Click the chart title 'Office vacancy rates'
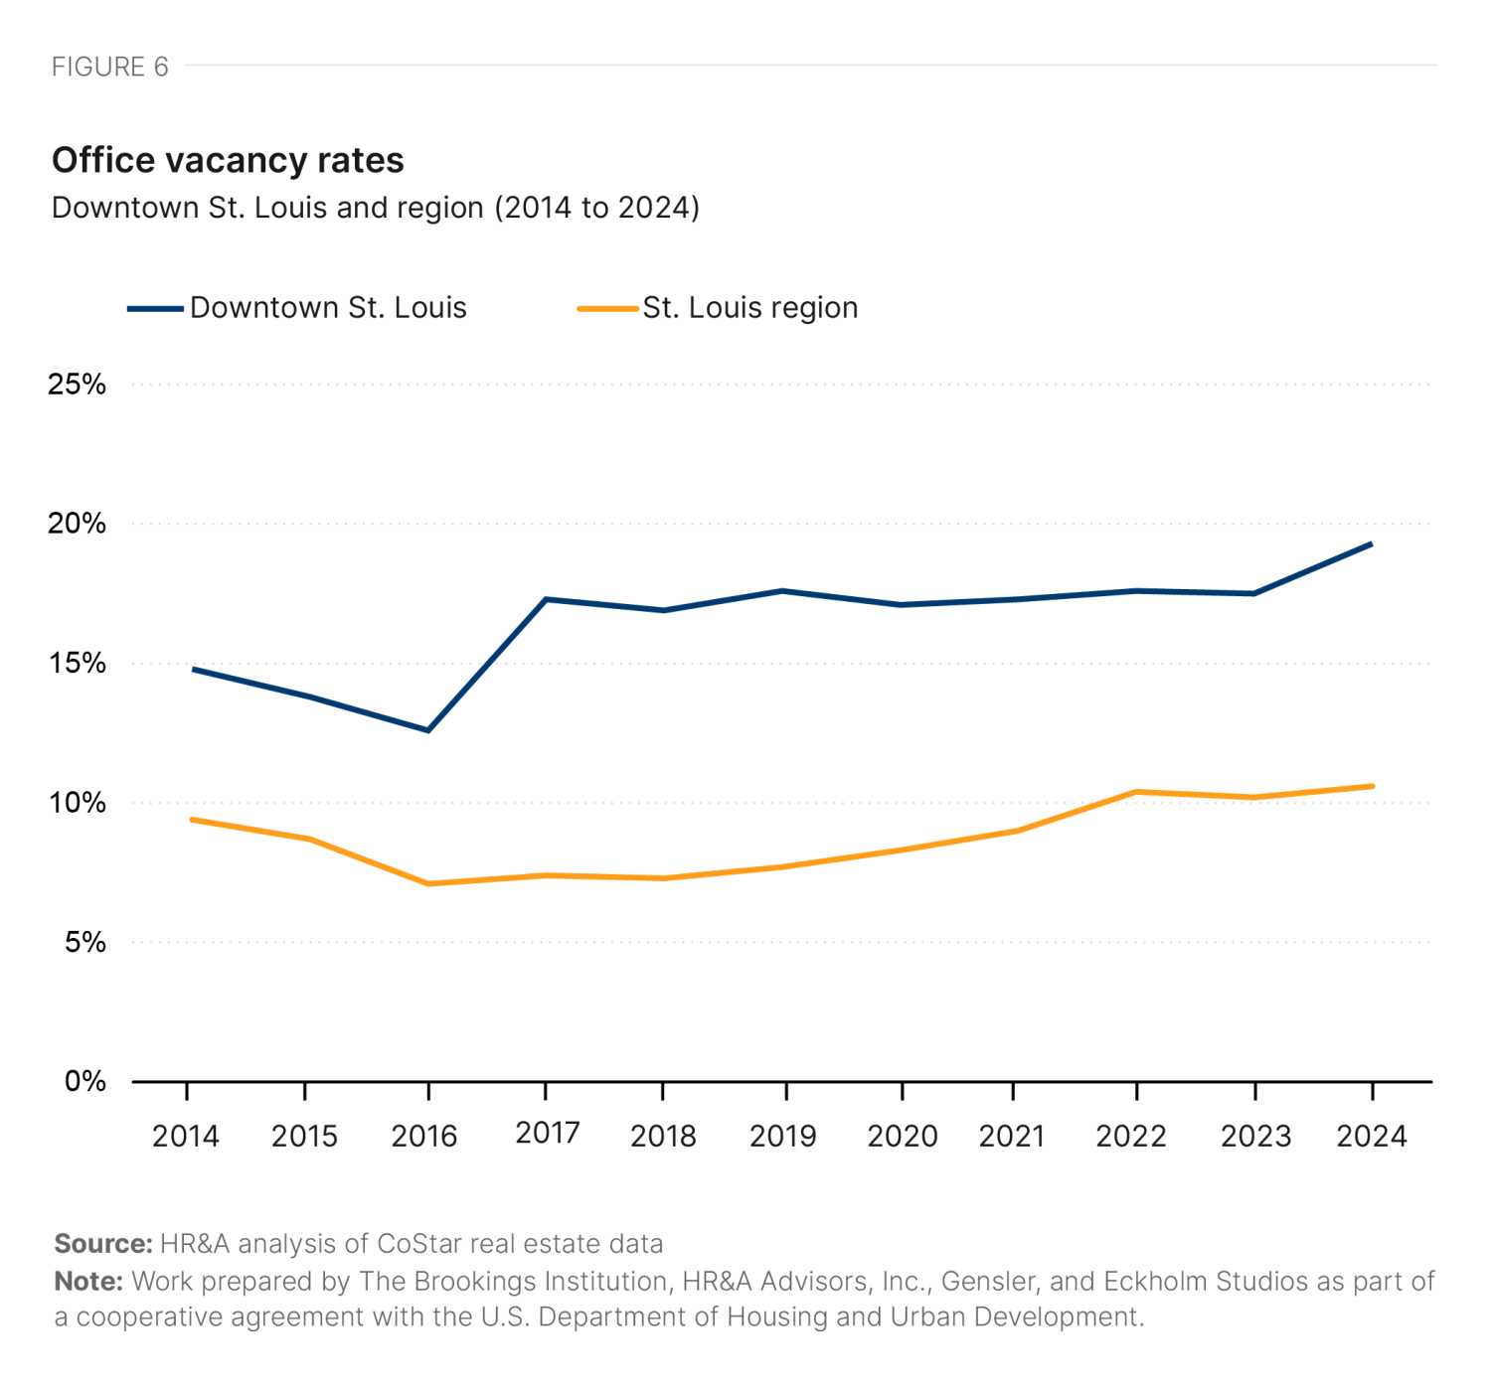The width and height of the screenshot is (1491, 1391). [228, 161]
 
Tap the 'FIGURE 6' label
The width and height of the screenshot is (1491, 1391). [109, 67]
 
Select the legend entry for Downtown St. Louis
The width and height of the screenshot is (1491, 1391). [297, 308]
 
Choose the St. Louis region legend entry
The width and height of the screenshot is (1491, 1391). [717, 308]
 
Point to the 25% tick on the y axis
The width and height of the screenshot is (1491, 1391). [77, 385]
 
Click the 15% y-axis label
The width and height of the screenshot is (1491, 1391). [78, 664]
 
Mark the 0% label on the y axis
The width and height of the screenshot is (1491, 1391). [84, 1082]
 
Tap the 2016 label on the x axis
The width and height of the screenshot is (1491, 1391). [424, 1136]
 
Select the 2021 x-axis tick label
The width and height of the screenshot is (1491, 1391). [1011, 1136]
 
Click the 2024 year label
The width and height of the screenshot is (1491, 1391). [1372, 1136]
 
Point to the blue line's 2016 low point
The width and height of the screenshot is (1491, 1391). [428, 729]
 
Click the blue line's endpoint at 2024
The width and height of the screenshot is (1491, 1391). [1372, 543]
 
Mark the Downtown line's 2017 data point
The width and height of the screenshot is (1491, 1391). [546, 599]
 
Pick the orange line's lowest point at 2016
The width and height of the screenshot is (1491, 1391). [428, 883]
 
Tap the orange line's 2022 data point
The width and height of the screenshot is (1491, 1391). [1137, 791]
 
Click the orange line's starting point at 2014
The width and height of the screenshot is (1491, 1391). [192, 819]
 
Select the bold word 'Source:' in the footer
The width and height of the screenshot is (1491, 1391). [103, 1244]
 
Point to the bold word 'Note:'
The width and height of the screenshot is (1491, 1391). [88, 1282]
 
